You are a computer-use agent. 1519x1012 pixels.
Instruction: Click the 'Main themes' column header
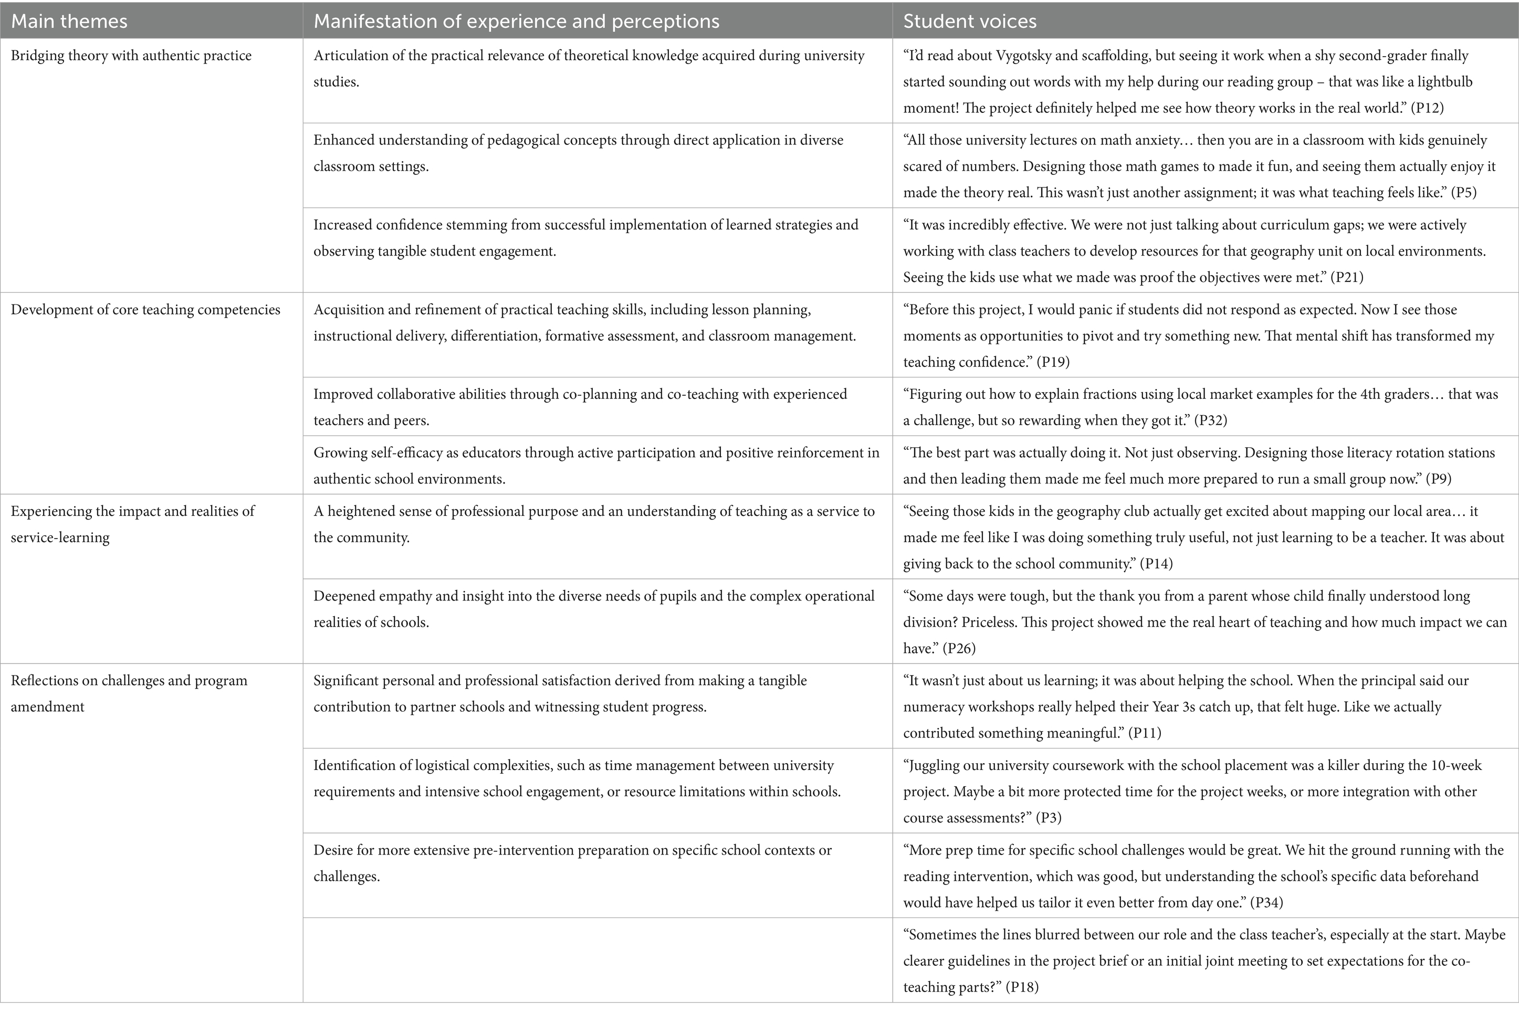click(x=69, y=22)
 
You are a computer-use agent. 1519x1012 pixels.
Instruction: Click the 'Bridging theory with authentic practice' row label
click(x=131, y=56)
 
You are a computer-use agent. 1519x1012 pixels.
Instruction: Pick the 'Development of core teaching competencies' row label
click(x=145, y=310)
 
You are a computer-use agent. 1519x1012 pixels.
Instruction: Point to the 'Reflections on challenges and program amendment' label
click(x=129, y=693)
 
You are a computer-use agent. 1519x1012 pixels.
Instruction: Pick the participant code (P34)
click(x=1266, y=902)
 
